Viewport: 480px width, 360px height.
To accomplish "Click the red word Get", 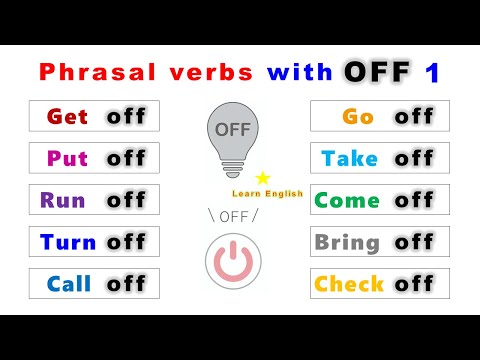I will pyautogui.click(x=68, y=116).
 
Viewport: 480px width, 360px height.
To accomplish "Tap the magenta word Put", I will pyautogui.click(x=68, y=158).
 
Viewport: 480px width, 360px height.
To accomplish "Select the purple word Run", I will pyautogui.click(x=63, y=200).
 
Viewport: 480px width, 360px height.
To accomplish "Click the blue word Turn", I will pyautogui.click(x=68, y=242).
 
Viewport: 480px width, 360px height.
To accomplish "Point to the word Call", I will pyautogui.click(x=68, y=284).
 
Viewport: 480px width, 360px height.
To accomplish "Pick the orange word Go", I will pyautogui.click(x=358, y=116).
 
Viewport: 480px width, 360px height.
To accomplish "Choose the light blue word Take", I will pyautogui.click(x=350, y=158).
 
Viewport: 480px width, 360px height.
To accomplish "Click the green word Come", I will pyautogui.click(x=347, y=200).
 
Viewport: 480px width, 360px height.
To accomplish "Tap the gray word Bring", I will pyautogui.click(x=347, y=242).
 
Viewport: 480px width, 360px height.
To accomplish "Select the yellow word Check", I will pyautogui.click(x=350, y=284).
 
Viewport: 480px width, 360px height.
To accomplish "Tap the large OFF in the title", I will pyautogui.click(x=379, y=72).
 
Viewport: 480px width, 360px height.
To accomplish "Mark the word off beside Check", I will pyautogui.click(x=414, y=284).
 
